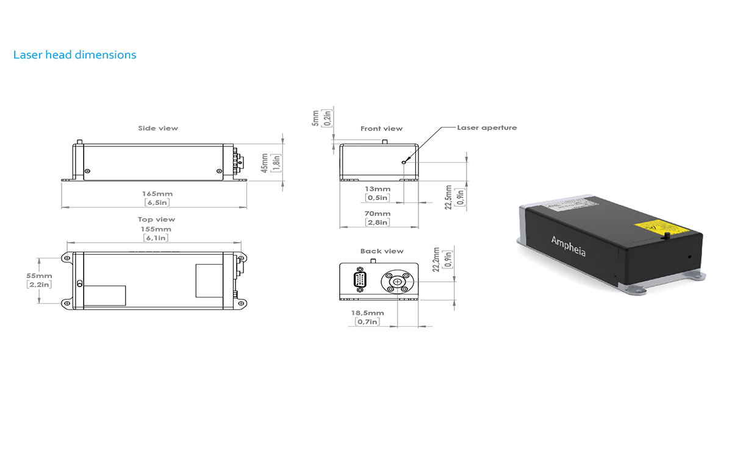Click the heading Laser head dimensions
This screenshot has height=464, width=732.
point(74,55)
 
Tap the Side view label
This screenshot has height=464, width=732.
point(158,128)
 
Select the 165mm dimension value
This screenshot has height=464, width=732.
point(157,194)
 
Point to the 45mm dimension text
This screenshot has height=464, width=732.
point(265,163)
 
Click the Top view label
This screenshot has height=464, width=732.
point(156,220)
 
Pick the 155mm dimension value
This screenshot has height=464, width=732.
point(156,229)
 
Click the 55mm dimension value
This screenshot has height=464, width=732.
point(39,276)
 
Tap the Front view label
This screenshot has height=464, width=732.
point(381,129)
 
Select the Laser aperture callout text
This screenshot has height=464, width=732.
point(487,127)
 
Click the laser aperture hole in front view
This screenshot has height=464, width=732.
point(404,162)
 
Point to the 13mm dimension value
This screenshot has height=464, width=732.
point(378,189)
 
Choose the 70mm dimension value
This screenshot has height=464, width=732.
point(378,213)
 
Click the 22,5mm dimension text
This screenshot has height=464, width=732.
point(448,197)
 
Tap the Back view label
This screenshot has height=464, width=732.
point(382,251)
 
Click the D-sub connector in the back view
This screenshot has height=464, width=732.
point(360,279)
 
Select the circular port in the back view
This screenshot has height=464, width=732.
point(397,282)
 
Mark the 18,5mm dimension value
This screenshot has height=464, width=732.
point(367,313)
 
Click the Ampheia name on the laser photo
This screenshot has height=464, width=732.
point(569,246)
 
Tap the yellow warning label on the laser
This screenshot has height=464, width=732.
point(661,227)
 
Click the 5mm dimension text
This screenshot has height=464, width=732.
point(315,118)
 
